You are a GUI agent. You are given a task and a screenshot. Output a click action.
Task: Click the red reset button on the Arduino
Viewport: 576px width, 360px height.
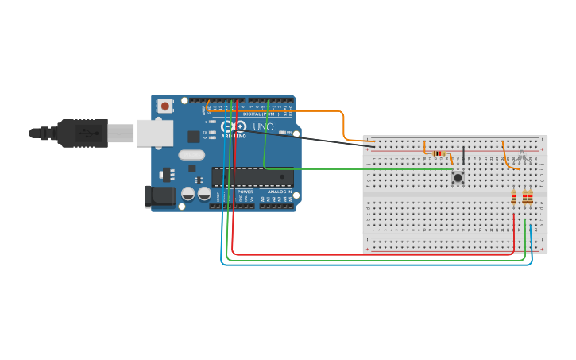164,105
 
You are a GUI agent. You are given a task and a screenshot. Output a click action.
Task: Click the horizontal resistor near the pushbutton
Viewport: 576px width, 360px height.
439,153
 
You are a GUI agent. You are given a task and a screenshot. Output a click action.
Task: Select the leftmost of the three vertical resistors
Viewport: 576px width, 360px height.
514,197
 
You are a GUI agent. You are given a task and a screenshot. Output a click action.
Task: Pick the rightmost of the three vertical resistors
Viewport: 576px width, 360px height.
531,197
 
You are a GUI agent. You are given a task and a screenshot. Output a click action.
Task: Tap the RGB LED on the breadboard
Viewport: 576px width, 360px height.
522,153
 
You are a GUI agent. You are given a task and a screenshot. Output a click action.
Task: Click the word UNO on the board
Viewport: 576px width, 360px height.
263,127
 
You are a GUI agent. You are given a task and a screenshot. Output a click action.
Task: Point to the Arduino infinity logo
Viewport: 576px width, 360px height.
234,126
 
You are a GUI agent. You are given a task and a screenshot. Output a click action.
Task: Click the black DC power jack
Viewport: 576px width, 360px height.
160,196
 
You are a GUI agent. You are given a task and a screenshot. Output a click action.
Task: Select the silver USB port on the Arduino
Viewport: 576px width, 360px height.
154,133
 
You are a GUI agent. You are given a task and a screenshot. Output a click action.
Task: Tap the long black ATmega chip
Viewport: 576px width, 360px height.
252,176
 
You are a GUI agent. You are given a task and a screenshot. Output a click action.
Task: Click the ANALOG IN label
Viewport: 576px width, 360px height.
279,192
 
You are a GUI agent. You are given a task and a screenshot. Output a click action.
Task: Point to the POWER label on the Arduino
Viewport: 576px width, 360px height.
245,192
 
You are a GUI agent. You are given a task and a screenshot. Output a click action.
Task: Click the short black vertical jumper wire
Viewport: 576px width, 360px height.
463,155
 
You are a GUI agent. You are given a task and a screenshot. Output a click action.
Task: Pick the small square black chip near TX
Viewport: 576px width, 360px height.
193,137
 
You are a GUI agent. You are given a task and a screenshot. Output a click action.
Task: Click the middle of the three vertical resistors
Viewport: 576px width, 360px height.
524,197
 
